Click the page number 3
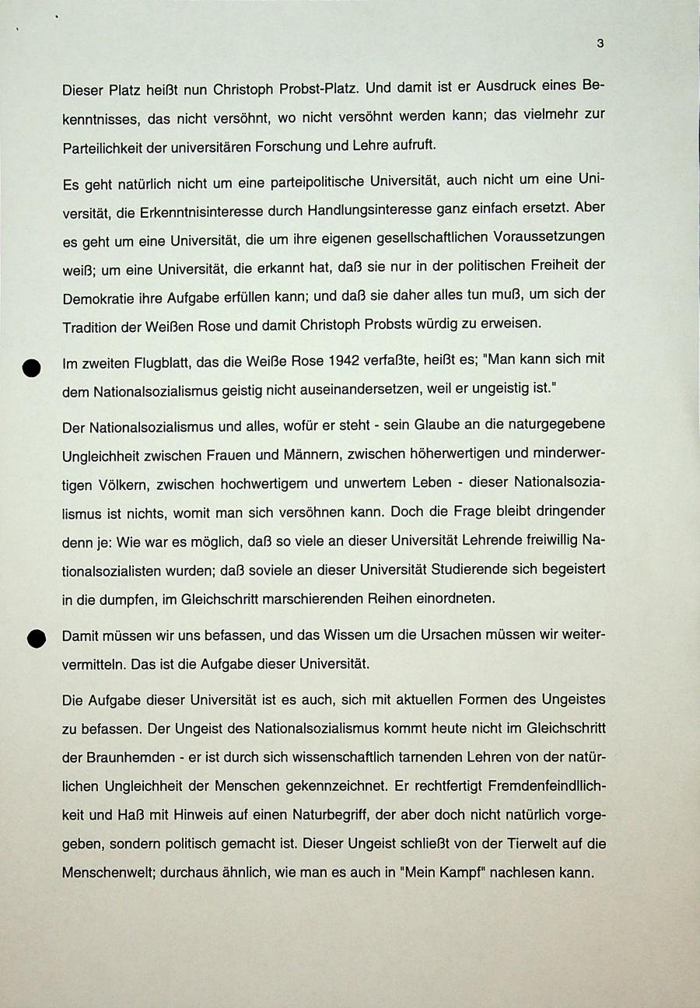pos(600,44)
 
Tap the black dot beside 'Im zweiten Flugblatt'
pos(31,369)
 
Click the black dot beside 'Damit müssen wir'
pos(37,638)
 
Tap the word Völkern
pos(120,483)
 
